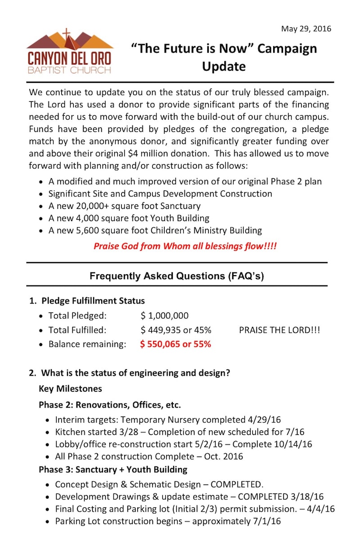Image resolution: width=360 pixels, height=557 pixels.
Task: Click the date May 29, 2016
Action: pyautogui.click(x=306, y=29)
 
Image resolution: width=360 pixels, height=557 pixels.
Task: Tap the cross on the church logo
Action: pyautogui.click(x=67, y=36)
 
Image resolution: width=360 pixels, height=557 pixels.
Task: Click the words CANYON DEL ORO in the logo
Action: pyautogui.click(x=69, y=59)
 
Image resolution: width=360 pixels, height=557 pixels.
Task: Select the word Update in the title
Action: pyautogui.click(x=224, y=66)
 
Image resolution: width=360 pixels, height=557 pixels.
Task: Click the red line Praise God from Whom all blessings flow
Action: pyautogui.click(x=185, y=246)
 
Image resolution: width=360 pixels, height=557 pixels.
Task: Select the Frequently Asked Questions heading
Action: pyautogui.click(x=176, y=276)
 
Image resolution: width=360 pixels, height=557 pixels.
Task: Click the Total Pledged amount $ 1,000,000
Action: pyautogui.click(x=164, y=316)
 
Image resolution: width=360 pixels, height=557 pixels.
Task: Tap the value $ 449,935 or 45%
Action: pyautogui.click(x=175, y=330)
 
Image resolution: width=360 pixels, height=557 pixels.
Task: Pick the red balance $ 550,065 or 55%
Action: pyautogui.click(x=175, y=344)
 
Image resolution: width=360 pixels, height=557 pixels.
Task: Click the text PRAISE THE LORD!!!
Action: pyautogui.click(x=279, y=330)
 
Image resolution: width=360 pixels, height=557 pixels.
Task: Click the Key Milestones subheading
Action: pyautogui.click(x=70, y=389)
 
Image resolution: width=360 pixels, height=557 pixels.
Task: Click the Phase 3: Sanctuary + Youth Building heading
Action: pyautogui.click(x=113, y=470)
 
